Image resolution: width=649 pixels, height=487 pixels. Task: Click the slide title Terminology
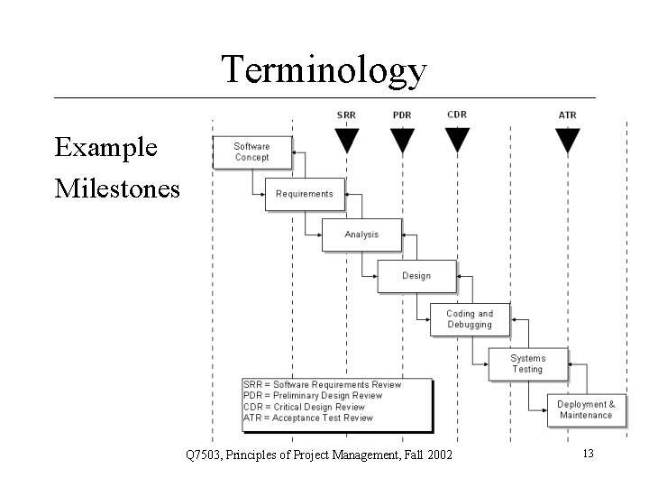[324, 69]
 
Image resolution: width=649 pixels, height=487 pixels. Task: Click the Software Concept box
[252, 152]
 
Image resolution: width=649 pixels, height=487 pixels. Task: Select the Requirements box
[304, 194]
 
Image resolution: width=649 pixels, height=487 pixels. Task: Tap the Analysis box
[361, 234]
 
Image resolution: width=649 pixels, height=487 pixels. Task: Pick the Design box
[416, 276]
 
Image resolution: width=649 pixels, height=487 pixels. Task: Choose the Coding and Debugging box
[470, 319]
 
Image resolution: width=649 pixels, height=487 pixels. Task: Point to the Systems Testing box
[527, 363]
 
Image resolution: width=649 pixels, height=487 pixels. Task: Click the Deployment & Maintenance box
[586, 409]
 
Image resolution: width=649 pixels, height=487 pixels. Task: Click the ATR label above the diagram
[567, 115]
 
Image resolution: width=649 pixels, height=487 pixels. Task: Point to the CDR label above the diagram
[457, 115]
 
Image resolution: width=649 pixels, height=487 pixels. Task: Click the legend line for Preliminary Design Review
[313, 395]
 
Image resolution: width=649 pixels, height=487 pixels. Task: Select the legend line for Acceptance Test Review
[307, 418]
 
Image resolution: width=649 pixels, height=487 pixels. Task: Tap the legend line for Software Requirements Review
[322, 384]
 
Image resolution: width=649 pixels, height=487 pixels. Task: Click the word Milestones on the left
[117, 188]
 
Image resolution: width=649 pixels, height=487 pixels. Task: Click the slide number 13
[588, 453]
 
